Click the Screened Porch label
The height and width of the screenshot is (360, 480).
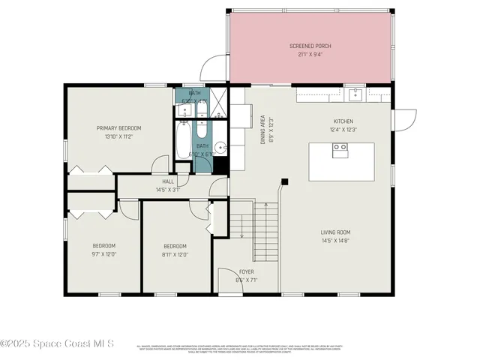310,46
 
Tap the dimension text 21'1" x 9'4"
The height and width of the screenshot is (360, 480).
310,53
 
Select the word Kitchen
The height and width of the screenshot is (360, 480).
343,121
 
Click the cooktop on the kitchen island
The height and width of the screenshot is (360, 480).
340,148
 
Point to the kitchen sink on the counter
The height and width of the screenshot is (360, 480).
355,94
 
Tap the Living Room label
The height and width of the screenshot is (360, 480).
336,232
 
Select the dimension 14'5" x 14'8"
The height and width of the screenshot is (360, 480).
336,240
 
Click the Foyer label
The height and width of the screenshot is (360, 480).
247,271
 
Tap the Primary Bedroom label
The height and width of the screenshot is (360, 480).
118,128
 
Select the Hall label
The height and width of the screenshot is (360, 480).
168,181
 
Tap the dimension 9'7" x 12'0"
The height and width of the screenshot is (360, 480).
103,253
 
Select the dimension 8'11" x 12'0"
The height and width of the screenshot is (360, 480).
175,253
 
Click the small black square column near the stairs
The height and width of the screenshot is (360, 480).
285,181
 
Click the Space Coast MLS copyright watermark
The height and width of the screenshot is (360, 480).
58,343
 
